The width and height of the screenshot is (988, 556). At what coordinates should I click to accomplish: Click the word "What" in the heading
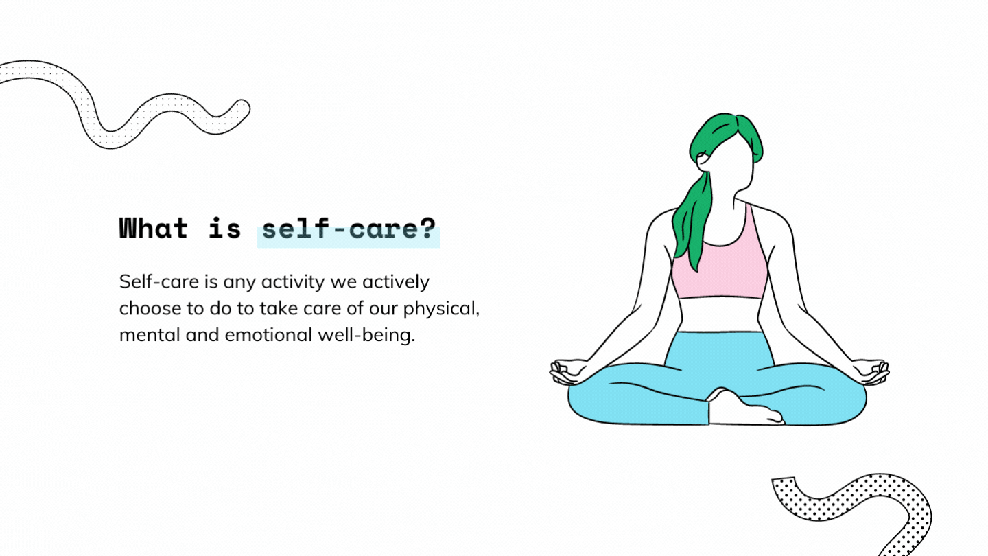(x=154, y=228)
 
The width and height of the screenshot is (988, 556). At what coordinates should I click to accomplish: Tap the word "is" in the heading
(x=225, y=228)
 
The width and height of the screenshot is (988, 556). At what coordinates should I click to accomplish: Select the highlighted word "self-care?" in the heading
(x=349, y=229)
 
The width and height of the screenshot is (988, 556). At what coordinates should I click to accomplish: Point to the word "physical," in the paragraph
(x=441, y=308)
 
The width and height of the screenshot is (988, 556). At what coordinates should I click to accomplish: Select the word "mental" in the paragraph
(x=150, y=335)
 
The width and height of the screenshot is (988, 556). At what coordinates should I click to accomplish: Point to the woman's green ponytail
(x=692, y=220)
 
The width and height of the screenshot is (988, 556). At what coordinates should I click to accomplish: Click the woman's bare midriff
(x=720, y=314)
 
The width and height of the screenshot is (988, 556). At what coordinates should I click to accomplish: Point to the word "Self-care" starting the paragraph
(x=158, y=282)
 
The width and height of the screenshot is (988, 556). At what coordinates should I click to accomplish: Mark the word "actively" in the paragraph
(x=396, y=282)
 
